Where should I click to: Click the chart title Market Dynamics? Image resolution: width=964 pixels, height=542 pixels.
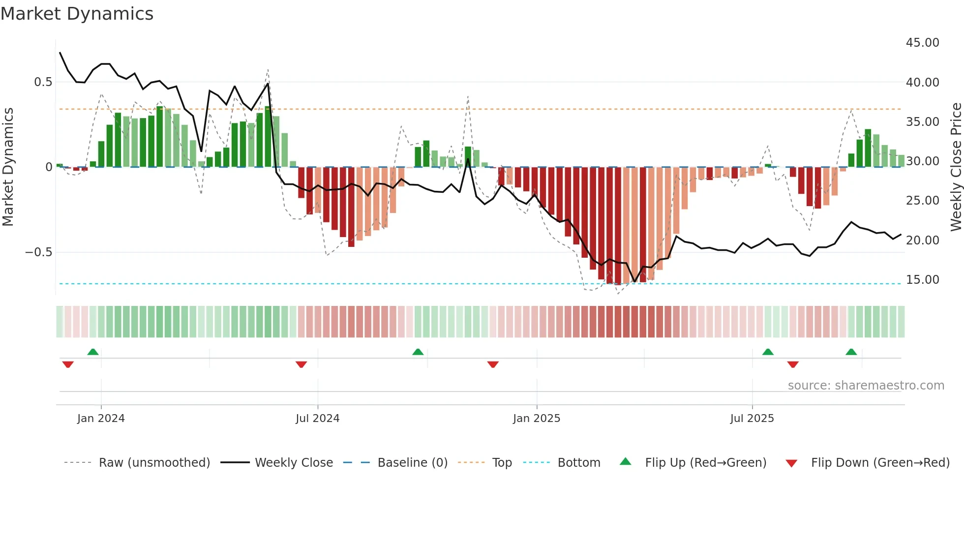point(77,14)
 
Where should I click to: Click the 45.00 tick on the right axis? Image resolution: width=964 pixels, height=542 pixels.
point(922,43)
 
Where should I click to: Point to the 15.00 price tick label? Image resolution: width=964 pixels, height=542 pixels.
point(922,280)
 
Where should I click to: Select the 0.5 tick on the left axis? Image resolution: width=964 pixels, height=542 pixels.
point(43,82)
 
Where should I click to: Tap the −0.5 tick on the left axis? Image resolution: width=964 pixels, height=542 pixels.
point(39,252)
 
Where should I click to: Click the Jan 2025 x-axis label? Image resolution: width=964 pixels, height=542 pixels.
point(536,419)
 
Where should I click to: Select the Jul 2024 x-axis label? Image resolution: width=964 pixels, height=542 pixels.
point(317,419)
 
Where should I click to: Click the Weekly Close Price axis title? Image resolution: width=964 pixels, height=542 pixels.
point(956,167)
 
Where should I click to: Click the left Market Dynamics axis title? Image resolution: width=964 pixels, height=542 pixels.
point(8,167)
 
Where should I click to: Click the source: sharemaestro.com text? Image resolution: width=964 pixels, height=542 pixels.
point(866,386)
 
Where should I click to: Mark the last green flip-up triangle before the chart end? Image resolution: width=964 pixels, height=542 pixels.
point(851,352)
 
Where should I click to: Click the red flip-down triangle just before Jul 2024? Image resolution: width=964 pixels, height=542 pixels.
point(301,364)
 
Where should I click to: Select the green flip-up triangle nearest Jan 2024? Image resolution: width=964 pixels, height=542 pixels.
point(93,352)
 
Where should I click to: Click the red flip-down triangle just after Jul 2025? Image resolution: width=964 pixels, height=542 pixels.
point(792,364)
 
